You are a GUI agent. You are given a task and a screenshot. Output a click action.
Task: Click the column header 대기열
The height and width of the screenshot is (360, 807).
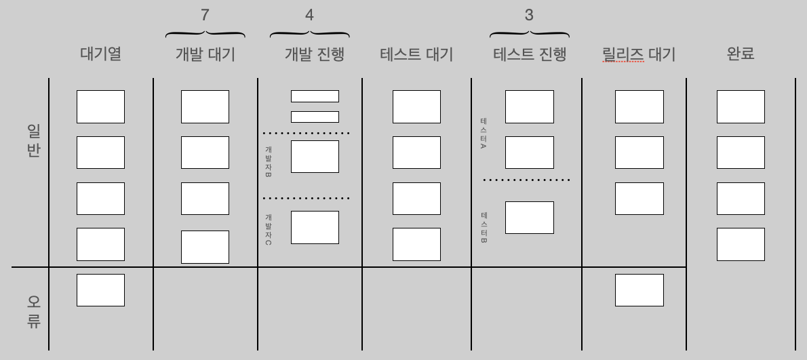[x=100, y=54]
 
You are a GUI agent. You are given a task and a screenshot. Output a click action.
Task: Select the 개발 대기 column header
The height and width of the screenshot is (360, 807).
[x=205, y=54]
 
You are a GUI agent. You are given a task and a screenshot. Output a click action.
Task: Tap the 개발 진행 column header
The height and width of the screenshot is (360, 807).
[x=314, y=54]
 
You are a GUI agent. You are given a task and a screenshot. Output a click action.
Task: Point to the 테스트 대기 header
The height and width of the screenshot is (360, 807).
[x=416, y=54]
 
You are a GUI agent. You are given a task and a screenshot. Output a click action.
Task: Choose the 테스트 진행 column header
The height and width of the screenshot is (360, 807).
[x=529, y=54]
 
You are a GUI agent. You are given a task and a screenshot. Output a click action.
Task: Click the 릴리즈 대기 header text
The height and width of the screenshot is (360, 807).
[x=638, y=54]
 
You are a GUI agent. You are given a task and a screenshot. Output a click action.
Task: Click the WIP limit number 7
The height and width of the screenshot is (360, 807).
[x=205, y=15]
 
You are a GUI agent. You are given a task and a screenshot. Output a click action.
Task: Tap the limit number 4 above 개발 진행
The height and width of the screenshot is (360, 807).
[x=309, y=15]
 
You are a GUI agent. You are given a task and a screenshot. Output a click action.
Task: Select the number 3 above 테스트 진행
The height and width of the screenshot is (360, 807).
[x=529, y=15]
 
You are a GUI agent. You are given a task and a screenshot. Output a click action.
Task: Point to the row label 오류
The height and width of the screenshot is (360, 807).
[x=34, y=311]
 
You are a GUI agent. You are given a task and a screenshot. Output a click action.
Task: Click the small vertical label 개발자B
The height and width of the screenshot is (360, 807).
[x=269, y=161]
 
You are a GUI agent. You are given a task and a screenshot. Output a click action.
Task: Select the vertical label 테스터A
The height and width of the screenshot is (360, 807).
[x=483, y=134]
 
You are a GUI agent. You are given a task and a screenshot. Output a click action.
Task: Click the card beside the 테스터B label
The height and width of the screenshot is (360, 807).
[x=529, y=217]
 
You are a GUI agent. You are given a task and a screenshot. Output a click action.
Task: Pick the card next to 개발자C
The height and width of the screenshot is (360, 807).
[x=315, y=227]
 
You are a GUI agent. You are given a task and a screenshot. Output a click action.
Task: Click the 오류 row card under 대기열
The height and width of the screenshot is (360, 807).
[x=100, y=290]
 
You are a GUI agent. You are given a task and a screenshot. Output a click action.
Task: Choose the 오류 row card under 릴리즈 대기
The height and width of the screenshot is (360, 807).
[x=639, y=290]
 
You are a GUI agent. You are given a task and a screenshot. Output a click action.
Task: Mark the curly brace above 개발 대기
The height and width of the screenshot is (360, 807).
[x=205, y=33]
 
